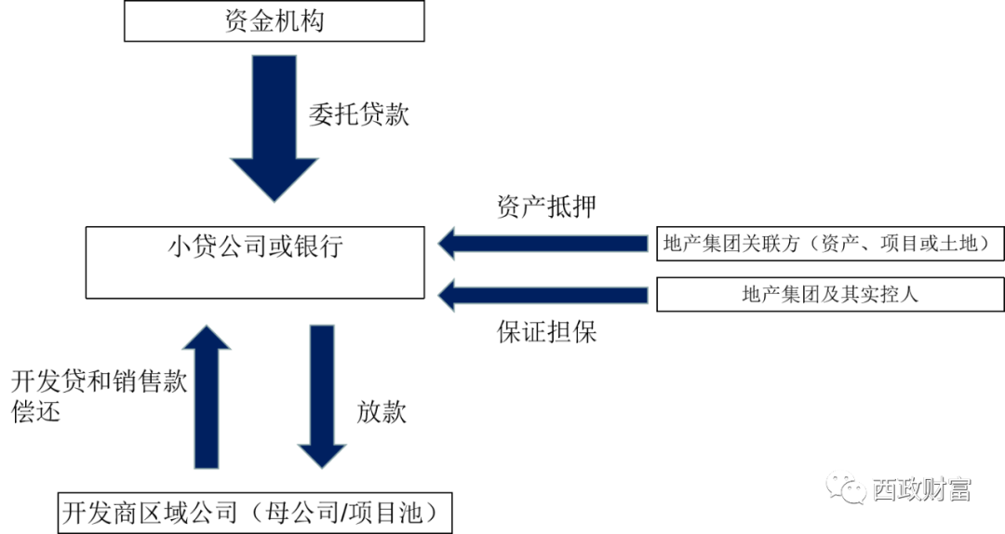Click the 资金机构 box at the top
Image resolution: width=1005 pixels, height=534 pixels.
[x=274, y=20]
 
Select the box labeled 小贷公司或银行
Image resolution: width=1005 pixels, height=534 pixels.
[x=254, y=262]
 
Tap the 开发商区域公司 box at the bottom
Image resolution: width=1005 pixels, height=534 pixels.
[x=249, y=514]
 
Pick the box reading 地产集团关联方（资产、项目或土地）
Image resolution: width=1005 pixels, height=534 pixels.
[x=830, y=244]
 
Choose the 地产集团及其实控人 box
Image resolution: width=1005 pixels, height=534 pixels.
[x=830, y=295]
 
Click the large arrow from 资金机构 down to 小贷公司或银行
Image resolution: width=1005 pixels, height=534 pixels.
[x=274, y=126]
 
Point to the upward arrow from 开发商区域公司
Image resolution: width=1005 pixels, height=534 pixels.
[x=207, y=395]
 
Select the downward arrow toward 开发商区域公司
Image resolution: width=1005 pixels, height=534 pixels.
[x=321, y=395]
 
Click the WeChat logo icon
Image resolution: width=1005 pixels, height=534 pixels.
[x=846, y=486]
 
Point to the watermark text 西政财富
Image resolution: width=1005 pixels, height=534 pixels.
[x=921, y=487]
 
